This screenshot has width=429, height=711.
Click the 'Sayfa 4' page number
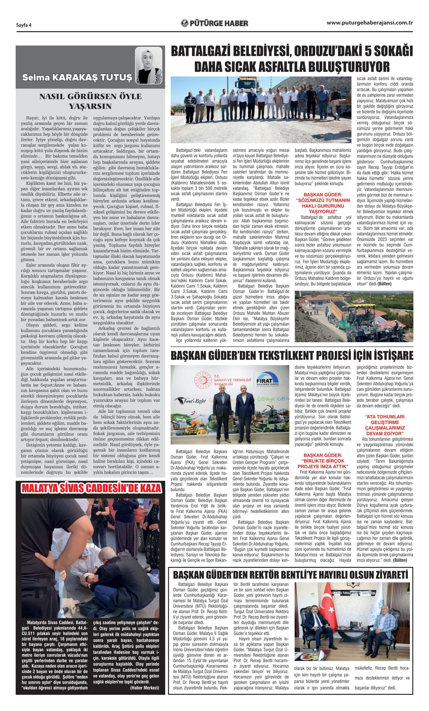pyautogui.click(x=24, y=25)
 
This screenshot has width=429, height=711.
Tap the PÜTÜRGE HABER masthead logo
pyautogui.click(x=214, y=23)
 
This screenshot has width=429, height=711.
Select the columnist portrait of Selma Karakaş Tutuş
pyautogui.click(x=148, y=66)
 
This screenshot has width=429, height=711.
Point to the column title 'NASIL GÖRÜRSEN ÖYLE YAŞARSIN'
pyautogui.click(x=90, y=101)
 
